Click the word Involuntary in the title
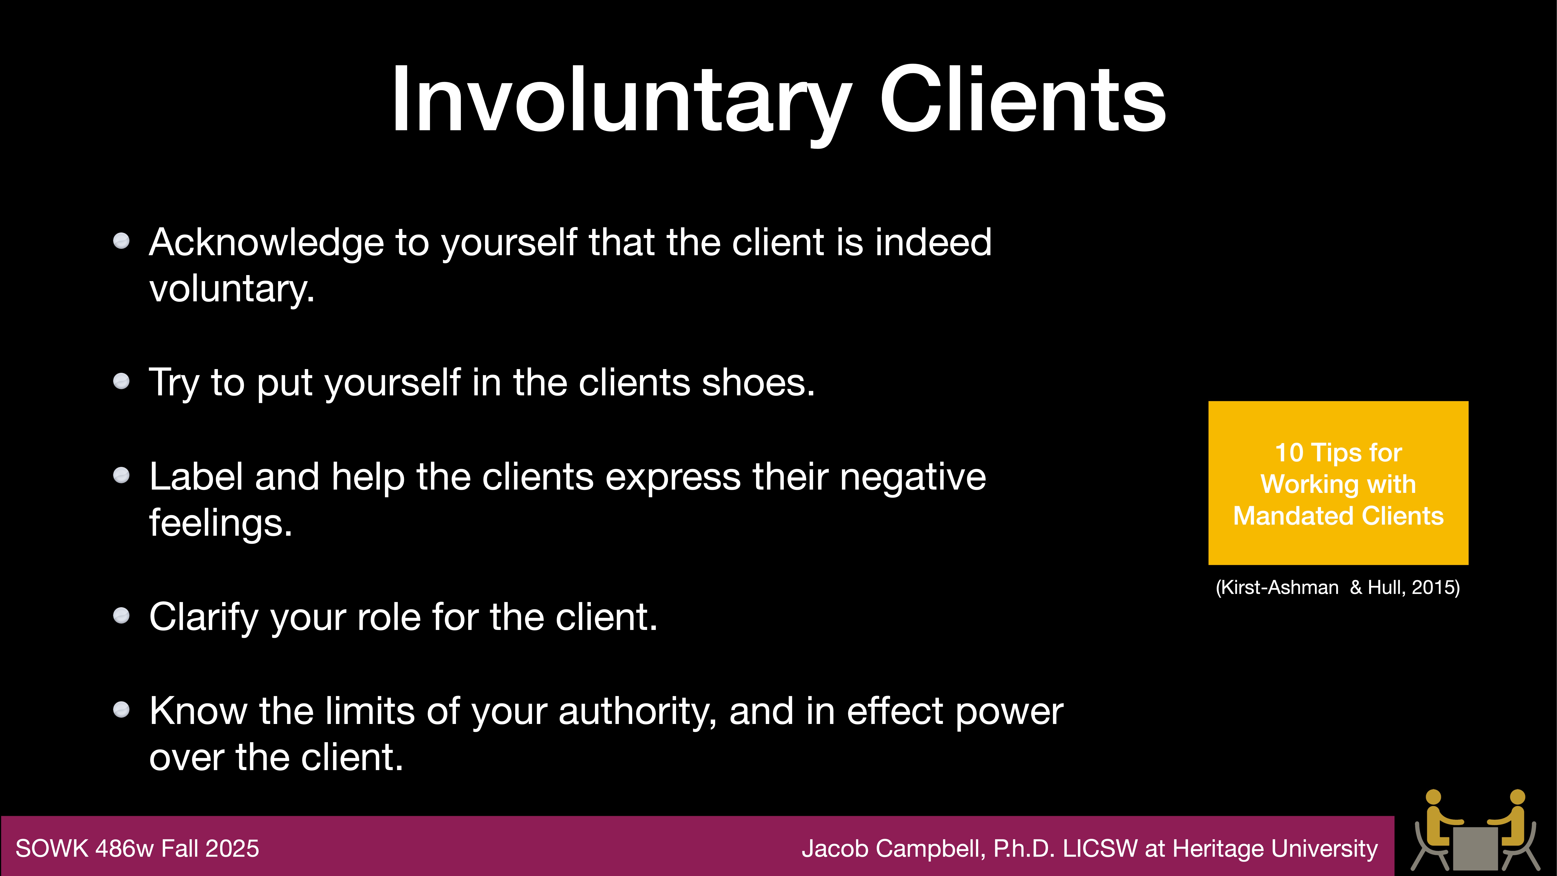(x=620, y=100)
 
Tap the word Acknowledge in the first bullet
(x=266, y=243)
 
